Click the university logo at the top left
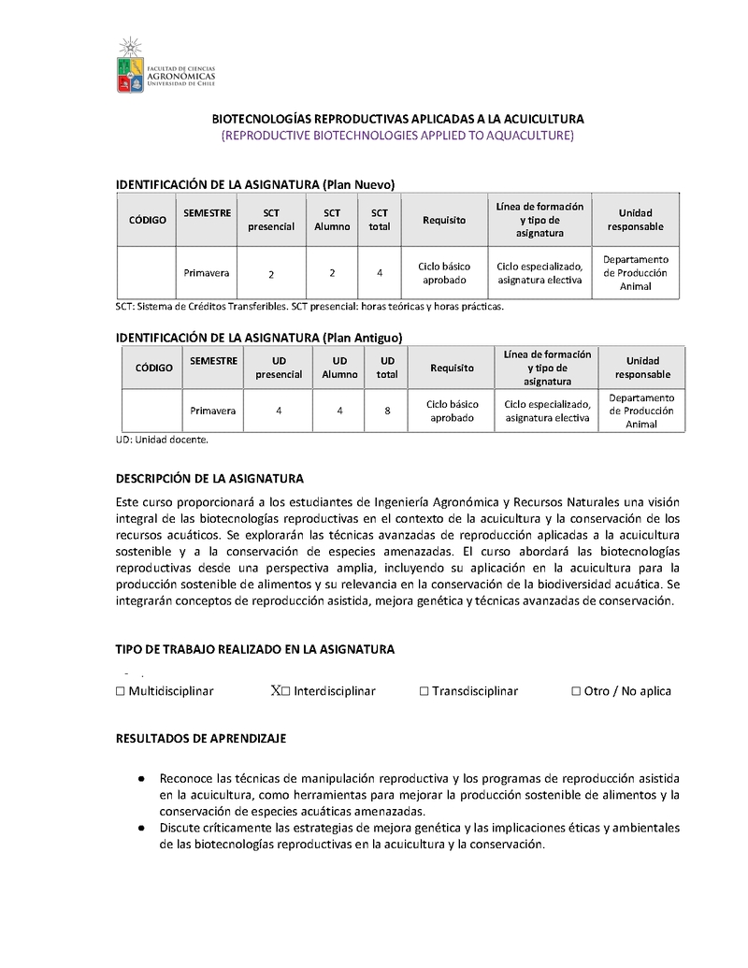pos(165,66)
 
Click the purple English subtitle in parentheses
pos(397,136)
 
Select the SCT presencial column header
pos(271,220)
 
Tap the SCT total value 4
pos(380,273)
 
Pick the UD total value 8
pos(387,410)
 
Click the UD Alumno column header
pos(340,368)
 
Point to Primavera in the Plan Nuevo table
pos(208,272)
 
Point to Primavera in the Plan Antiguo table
pos(213,410)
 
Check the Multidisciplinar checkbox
pos(121,691)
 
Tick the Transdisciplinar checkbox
pos(424,691)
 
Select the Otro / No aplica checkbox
pos(576,691)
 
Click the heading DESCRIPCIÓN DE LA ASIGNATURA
pos(209,478)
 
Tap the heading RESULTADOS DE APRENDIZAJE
pos(200,738)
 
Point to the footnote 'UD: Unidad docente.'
pos(162,439)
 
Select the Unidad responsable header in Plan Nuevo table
pos(635,220)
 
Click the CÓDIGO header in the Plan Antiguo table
pos(154,368)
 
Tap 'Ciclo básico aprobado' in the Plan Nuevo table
pos(444,273)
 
